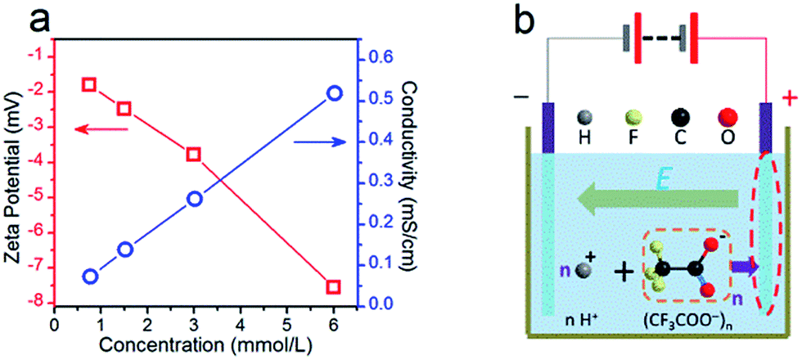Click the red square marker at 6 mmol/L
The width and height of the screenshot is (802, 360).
coord(333,287)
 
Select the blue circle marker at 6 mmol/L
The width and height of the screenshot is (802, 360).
coord(334,93)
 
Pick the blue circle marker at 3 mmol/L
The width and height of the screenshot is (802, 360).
coord(194,199)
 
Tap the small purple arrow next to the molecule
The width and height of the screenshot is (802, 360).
coord(743,267)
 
